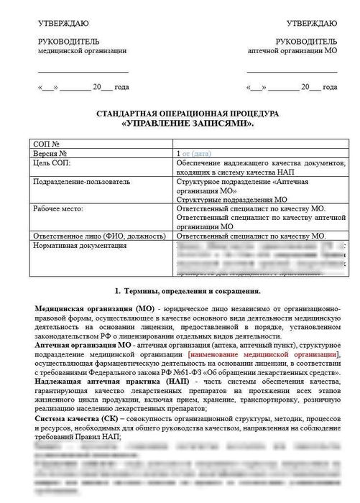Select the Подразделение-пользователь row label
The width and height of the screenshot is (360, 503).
point(76,183)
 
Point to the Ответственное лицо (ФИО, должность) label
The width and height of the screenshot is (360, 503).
point(94,236)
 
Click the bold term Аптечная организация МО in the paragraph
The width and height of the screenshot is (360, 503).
point(80,346)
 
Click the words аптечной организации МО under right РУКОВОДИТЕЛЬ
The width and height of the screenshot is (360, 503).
point(292,52)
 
